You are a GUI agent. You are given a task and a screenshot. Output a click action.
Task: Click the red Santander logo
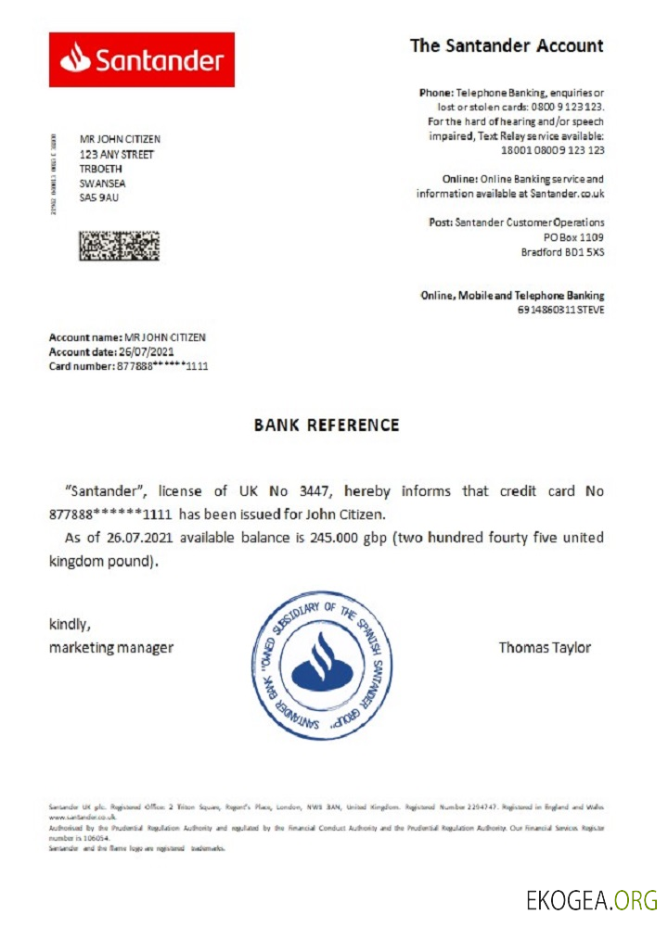tap(141, 60)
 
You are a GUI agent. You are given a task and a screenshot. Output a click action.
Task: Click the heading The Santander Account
tap(507, 45)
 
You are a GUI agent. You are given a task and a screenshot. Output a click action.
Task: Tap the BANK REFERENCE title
tap(327, 425)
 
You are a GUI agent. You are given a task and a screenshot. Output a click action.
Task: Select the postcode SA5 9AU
tap(99, 197)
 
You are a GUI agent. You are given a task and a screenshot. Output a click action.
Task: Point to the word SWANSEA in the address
tap(105, 184)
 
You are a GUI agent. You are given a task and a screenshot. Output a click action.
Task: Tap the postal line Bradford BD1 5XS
tap(562, 252)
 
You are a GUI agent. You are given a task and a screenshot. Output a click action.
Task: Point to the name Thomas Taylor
tap(544, 648)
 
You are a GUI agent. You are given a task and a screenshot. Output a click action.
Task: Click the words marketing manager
tap(110, 648)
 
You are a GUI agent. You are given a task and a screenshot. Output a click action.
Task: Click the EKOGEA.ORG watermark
tap(591, 900)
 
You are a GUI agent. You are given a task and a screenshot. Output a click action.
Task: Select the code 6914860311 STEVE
tap(560, 310)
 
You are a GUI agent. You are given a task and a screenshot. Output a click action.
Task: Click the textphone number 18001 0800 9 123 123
tap(552, 149)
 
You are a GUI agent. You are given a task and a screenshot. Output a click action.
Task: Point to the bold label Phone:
tap(436, 94)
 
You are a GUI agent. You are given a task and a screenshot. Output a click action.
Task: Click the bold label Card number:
tap(81, 366)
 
